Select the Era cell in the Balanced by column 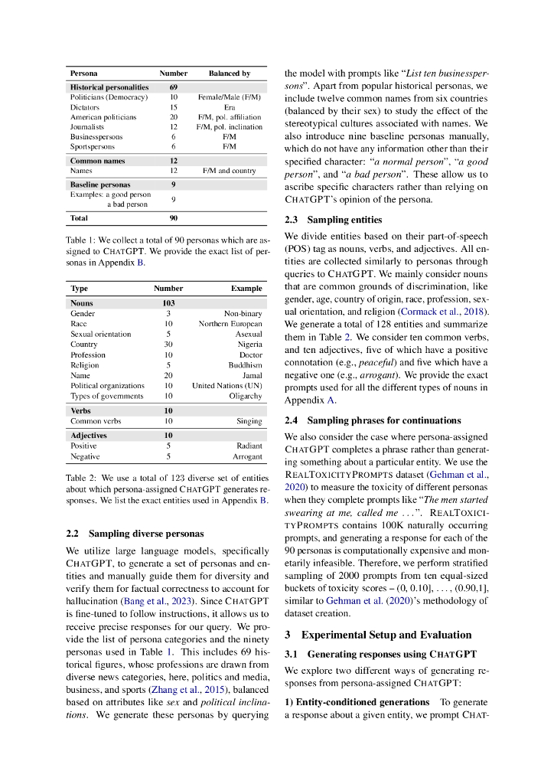tap(230, 107)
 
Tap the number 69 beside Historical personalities tap(174, 87)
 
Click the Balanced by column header tap(230, 73)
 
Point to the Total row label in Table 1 tap(79, 218)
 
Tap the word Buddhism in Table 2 tap(244, 365)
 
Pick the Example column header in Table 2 tap(246, 289)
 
